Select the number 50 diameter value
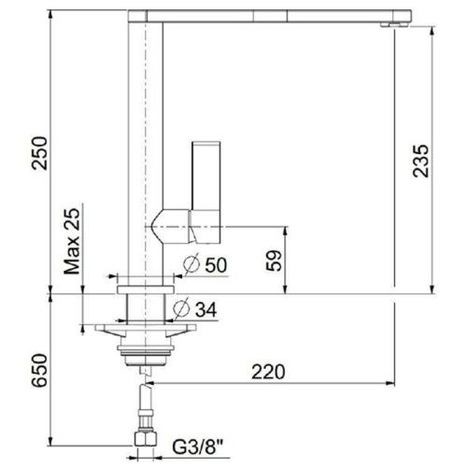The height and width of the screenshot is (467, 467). pyautogui.click(x=216, y=264)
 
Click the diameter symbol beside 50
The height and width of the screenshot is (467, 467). pyautogui.click(x=191, y=264)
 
